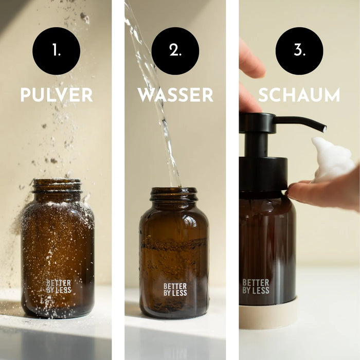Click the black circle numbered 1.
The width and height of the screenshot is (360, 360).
point(56,51)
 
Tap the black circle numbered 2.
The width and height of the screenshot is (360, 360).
point(175,51)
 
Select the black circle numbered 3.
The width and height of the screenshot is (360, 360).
point(299,51)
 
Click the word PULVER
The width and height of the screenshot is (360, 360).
point(56,95)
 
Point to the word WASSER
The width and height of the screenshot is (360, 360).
point(175,95)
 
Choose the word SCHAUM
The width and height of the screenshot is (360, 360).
point(299,95)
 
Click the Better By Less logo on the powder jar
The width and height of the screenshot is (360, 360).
point(59,286)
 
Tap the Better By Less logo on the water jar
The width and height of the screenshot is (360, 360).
point(175,290)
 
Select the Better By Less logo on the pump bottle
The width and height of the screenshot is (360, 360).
point(256,286)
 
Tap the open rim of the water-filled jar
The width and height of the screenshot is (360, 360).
point(174,191)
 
